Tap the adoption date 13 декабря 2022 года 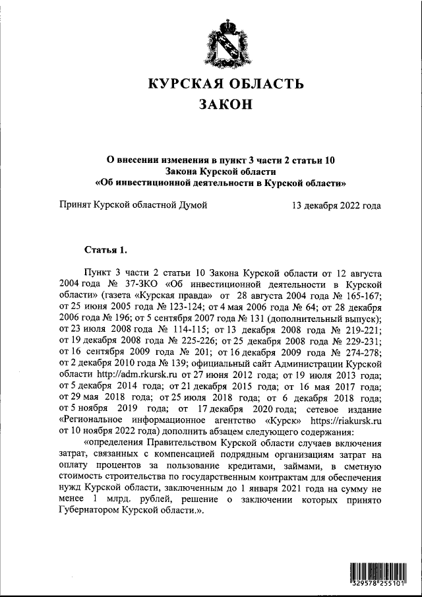336,206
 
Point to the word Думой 191,206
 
